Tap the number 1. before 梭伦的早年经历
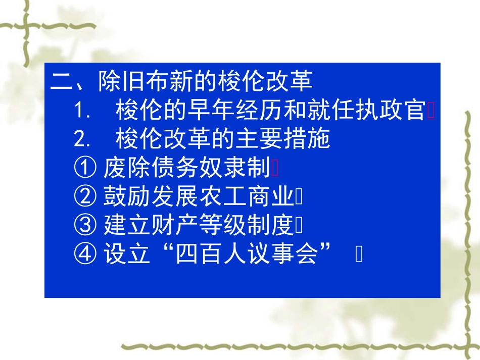point(82,111)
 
